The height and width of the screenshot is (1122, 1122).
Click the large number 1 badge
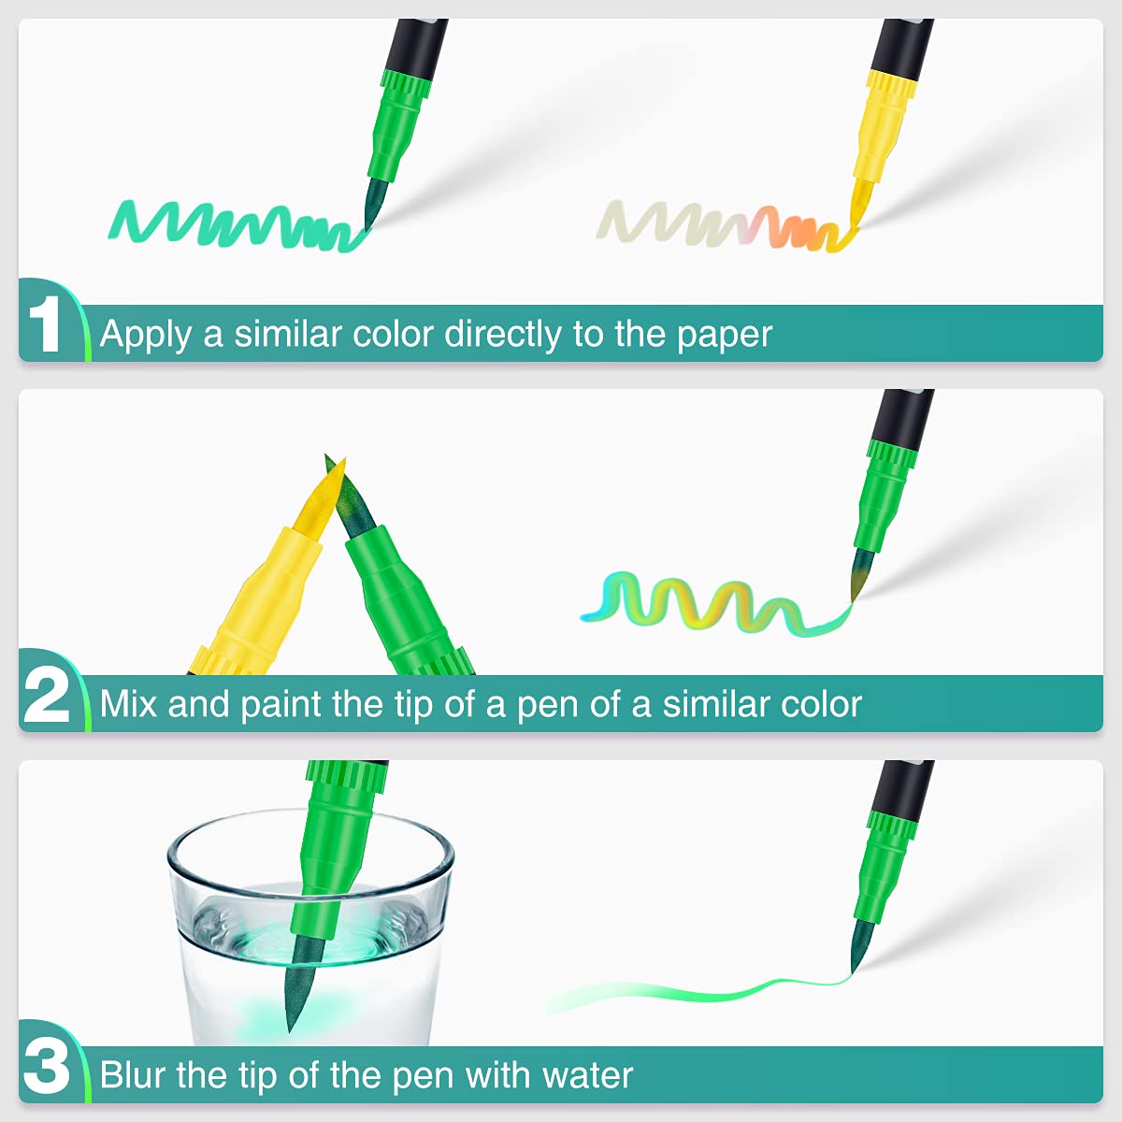(x=44, y=324)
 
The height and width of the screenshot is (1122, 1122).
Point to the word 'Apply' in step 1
(x=146, y=336)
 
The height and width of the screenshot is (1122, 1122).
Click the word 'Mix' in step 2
(x=129, y=704)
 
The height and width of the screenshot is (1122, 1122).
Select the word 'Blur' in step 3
(x=133, y=1074)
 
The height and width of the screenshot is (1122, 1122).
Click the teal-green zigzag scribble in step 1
(x=233, y=224)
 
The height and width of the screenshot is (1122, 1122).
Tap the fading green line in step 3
(x=698, y=994)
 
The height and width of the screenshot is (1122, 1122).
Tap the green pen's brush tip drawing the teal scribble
(x=376, y=204)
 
